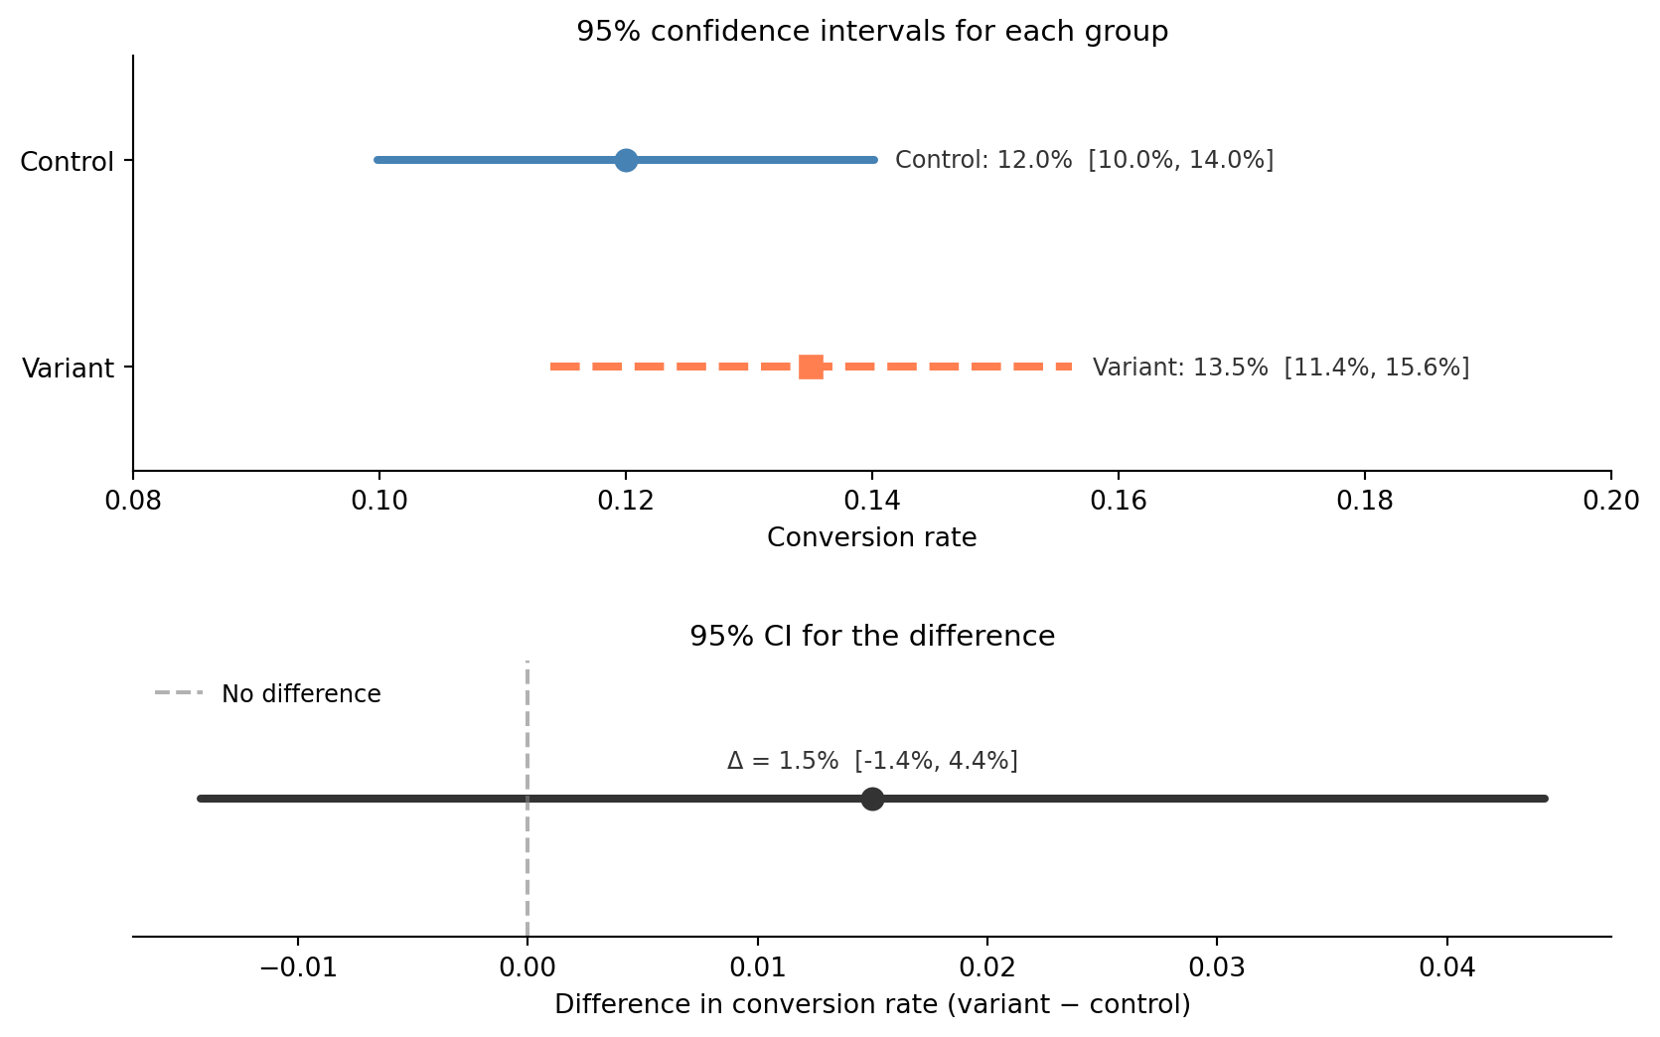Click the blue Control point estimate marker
pyautogui.click(x=626, y=160)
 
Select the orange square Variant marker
pyautogui.click(x=811, y=367)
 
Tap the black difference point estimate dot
pyautogui.click(x=872, y=799)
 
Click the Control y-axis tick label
pyautogui.click(x=67, y=162)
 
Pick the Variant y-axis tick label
pyautogui.click(x=68, y=369)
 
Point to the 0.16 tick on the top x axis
pyautogui.click(x=1119, y=500)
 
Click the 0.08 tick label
pyautogui.click(x=133, y=500)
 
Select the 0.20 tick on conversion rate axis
pyautogui.click(x=1610, y=500)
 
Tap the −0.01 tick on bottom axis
pyautogui.click(x=297, y=966)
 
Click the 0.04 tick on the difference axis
pyautogui.click(x=1446, y=966)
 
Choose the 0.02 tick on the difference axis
pyautogui.click(x=986, y=966)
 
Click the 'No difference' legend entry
pyautogui.click(x=300, y=694)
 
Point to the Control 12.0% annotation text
pyautogui.click(x=1084, y=160)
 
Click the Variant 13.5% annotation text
pyautogui.click(x=1281, y=368)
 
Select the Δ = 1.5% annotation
pyautogui.click(x=872, y=761)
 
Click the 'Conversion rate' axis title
pyautogui.click(x=871, y=537)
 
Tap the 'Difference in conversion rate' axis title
pyautogui.click(x=871, y=1004)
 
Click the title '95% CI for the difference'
pyautogui.click(x=871, y=636)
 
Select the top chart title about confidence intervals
pyautogui.click(x=871, y=32)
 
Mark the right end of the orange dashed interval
pyautogui.click(x=1072, y=367)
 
